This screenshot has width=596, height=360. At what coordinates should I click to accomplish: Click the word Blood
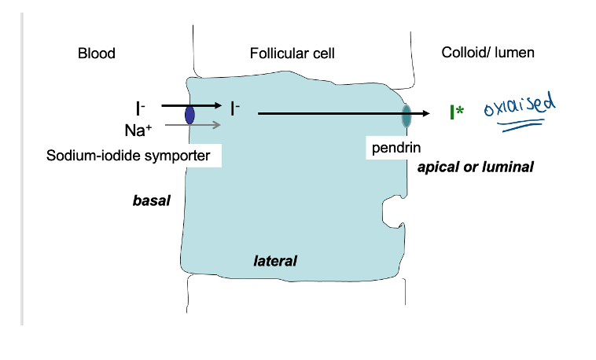97,53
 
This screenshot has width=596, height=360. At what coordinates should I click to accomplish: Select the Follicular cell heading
292,53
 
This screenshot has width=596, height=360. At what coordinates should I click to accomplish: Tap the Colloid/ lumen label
488,53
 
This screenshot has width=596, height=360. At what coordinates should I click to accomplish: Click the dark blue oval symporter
189,115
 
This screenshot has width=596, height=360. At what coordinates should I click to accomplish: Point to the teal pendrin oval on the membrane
407,115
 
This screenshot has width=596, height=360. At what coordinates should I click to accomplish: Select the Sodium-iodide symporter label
129,156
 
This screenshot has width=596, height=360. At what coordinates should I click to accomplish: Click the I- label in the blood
140,108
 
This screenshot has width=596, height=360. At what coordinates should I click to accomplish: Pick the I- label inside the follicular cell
235,108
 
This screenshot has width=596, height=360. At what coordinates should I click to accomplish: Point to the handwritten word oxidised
520,108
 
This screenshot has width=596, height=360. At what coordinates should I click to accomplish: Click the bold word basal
152,201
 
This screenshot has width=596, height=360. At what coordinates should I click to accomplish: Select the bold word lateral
275,260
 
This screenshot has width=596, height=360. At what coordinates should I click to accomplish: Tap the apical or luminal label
476,167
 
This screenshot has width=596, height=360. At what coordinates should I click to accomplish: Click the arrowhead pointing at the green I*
426,114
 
